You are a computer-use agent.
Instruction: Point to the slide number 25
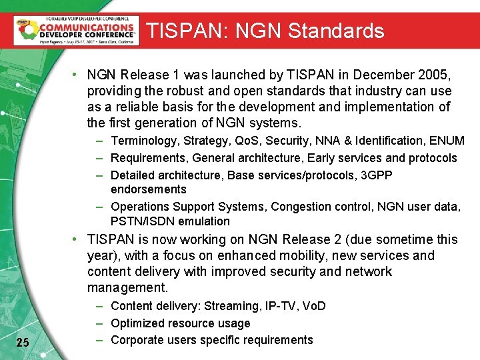[22, 343]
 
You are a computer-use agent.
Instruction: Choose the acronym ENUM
[447, 141]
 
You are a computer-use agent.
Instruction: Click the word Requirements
[149, 158]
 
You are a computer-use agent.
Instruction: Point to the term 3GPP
[376, 175]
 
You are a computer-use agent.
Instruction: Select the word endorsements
[149, 189]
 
